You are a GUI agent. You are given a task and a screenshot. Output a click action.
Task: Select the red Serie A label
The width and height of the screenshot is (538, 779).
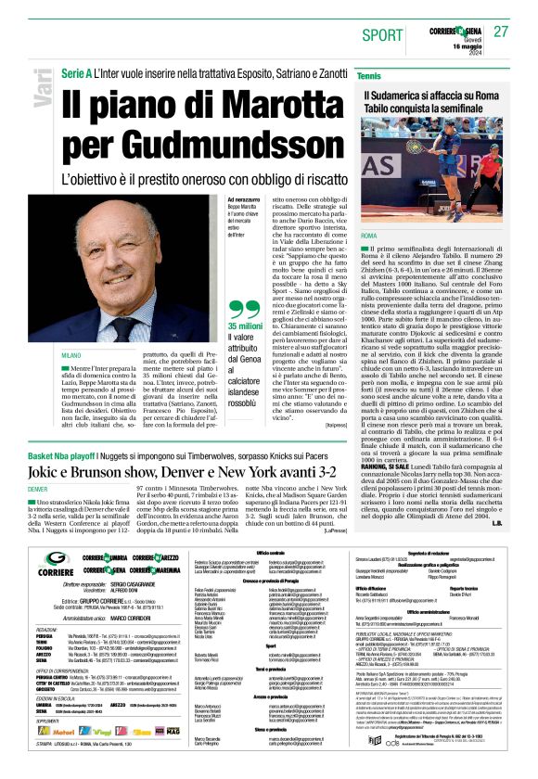click(76, 72)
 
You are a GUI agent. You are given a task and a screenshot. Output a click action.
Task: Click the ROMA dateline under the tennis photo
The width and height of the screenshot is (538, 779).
click(369, 237)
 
